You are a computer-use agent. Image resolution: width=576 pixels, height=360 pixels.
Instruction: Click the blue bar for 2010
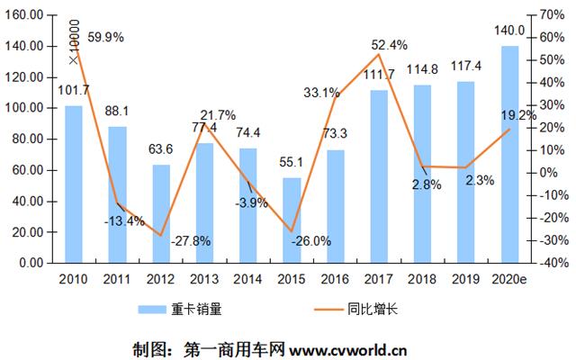click(74, 184)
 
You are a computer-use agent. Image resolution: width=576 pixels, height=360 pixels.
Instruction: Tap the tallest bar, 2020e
click(509, 154)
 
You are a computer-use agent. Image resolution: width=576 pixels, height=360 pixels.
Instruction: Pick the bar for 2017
click(379, 176)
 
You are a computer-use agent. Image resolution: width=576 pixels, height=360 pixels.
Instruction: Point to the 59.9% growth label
click(106, 38)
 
